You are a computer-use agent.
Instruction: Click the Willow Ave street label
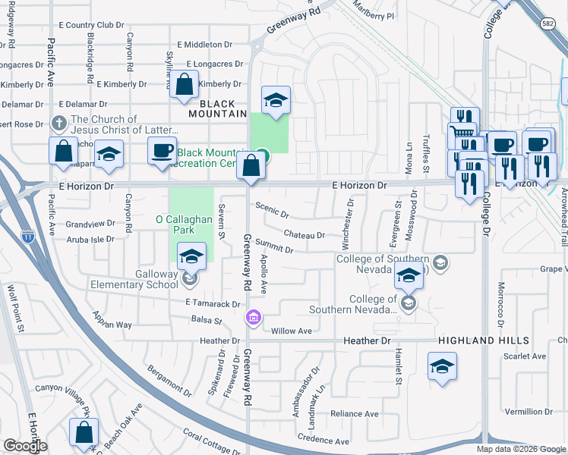(292, 331)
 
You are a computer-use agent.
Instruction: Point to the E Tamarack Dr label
(213, 303)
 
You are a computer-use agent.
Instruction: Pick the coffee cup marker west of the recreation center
(162, 150)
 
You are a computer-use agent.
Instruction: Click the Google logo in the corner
(25, 446)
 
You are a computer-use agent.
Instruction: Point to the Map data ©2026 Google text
(520, 449)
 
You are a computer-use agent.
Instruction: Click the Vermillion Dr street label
(527, 411)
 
